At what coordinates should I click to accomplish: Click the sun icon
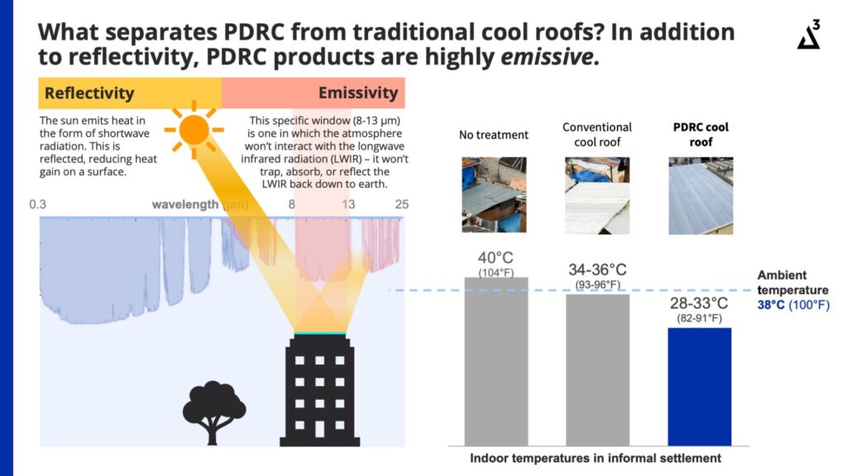pyautogui.click(x=194, y=130)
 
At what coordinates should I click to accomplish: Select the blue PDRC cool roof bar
pyautogui.click(x=700, y=387)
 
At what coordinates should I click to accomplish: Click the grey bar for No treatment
pyautogui.click(x=496, y=362)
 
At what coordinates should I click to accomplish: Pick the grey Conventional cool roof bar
pyautogui.click(x=597, y=370)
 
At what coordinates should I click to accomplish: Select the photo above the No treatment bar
pyautogui.click(x=494, y=195)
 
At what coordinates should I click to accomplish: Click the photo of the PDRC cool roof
pyautogui.click(x=701, y=195)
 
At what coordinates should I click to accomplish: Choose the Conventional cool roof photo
pyautogui.click(x=597, y=195)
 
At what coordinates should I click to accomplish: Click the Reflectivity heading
pyautogui.click(x=89, y=93)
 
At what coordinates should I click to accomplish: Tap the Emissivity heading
pyautogui.click(x=358, y=93)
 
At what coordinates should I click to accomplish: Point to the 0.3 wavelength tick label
pyautogui.click(x=38, y=205)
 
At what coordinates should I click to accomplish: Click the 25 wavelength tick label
pyautogui.click(x=401, y=205)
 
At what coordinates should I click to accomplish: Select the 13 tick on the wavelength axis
pyautogui.click(x=348, y=205)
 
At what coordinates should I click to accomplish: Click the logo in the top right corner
pyautogui.click(x=809, y=35)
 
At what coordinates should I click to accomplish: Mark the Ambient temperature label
pyautogui.click(x=792, y=283)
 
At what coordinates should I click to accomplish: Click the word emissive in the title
pyautogui.click(x=547, y=57)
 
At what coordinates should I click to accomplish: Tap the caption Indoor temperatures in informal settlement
pyautogui.click(x=596, y=458)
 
